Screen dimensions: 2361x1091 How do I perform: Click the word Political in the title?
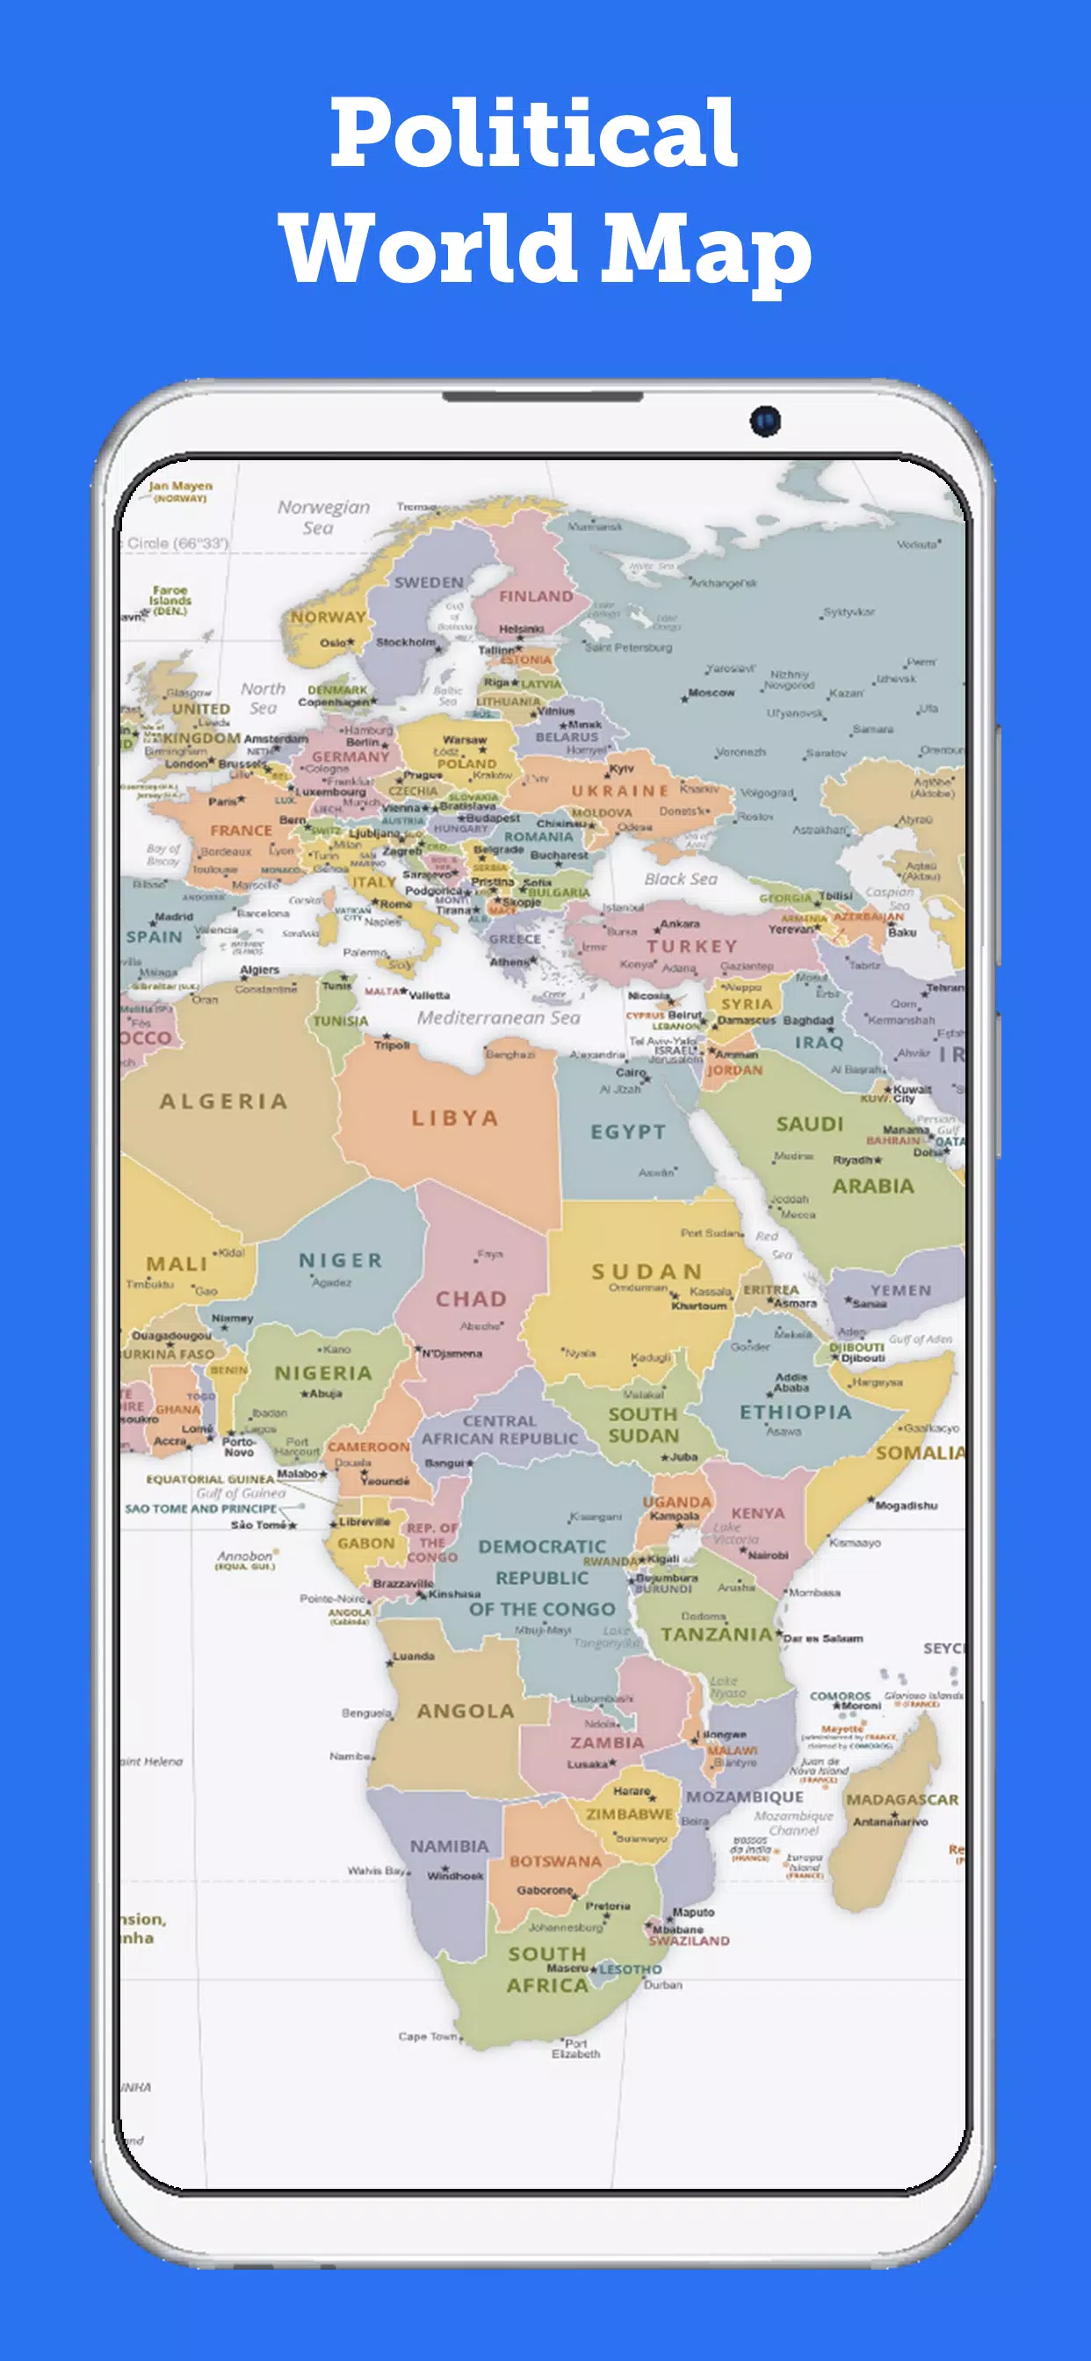pos(533,134)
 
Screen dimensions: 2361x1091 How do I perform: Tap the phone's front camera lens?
pos(765,421)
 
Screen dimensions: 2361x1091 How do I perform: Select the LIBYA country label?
pos(455,1118)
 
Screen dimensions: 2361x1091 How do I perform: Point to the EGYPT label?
pos(628,1132)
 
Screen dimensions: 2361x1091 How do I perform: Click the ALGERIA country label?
pos(224,1101)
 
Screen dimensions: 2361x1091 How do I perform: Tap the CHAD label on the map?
pos(471,1299)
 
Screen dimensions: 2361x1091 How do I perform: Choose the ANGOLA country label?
pos(466,1711)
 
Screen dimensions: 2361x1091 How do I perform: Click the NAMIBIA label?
pos(449,1846)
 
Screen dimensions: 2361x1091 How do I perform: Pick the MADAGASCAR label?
pos(902,1799)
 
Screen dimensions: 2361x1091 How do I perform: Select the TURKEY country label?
pos(692,946)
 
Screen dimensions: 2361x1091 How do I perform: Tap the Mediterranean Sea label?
pos(499,1017)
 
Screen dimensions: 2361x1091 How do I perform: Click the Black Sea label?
pos(680,879)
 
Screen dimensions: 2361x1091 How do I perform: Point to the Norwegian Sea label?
pos(322,517)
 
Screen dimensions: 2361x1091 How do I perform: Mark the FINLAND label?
pos(537,596)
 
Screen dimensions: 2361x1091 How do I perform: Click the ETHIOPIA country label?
pos(796,1412)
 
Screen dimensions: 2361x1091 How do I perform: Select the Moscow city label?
pos(712,693)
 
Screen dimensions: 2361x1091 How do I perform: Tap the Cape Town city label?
pos(427,2037)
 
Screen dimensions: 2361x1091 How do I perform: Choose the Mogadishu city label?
pos(906,1505)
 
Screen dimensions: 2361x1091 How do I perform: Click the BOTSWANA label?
pos(555,1861)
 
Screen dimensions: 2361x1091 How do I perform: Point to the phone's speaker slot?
pos(544,397)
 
